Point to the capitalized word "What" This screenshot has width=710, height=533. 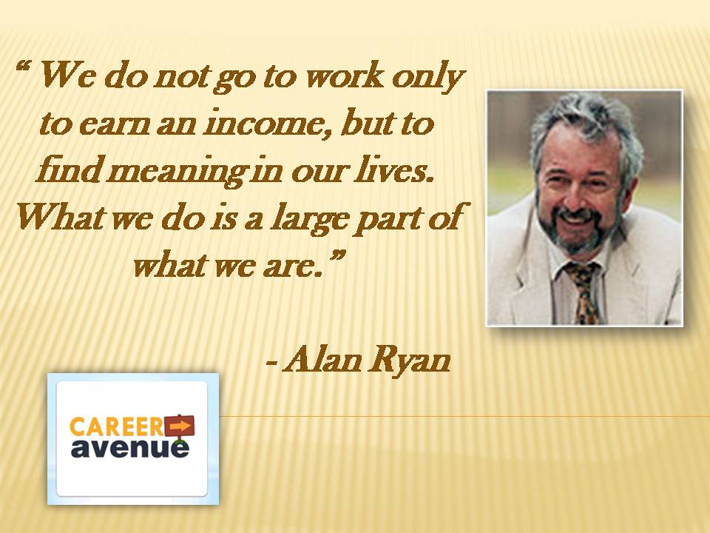click(59, 217)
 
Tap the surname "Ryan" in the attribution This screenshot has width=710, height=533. click(408, 363)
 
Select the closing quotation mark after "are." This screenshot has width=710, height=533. click(337, 257)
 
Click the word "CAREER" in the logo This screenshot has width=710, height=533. click(117, 427)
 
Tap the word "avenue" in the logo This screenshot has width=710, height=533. click(130, 447)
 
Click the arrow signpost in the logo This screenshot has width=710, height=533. click(179, 426)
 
